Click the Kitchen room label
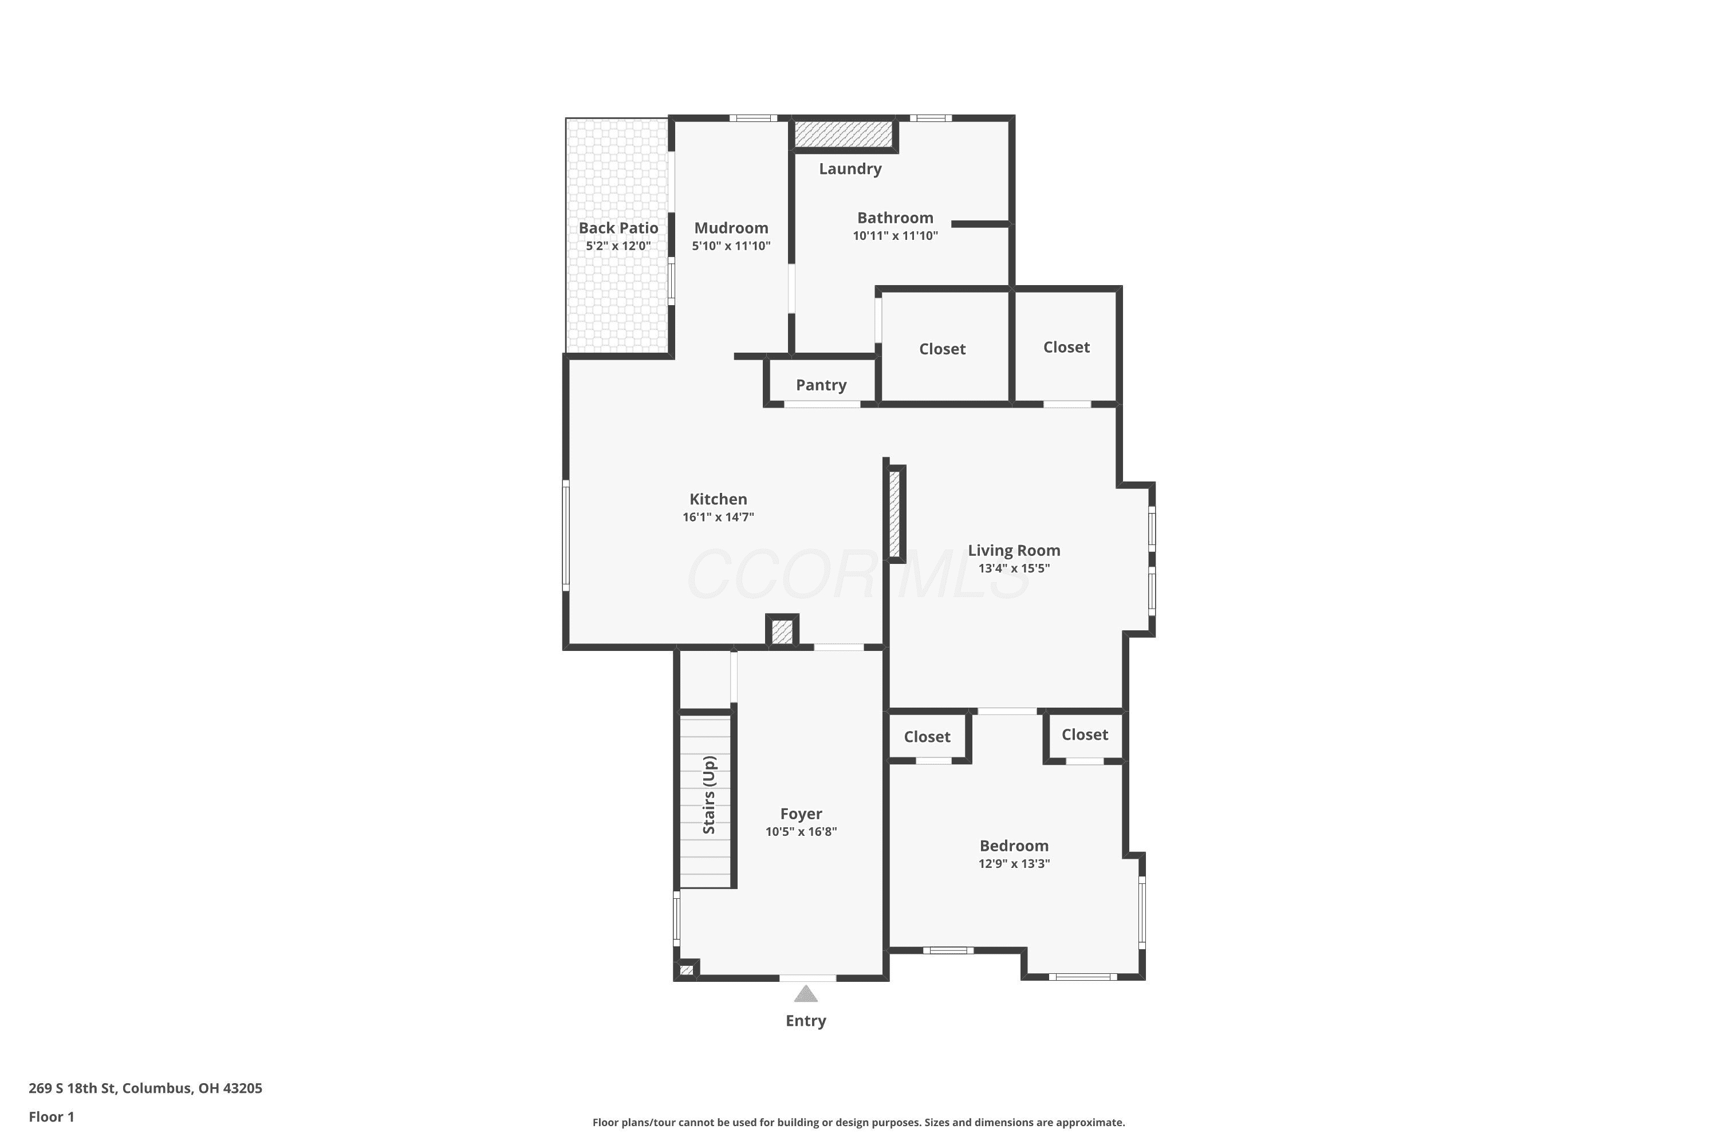click(x=718, y=499)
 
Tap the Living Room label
click(x=1014, y=551)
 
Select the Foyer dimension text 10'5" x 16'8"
click(x=801, y=831)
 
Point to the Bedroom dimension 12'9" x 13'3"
click(x=1014, y=863)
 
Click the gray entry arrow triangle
click(x=806, y=993)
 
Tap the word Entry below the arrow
click(x=806, y=1021)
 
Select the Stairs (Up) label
click(x=708, y=795)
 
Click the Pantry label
click(x=821, y=385)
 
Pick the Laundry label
click(x=850, y=169)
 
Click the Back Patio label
click(x=618, y=228)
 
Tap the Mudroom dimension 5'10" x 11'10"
click(x=731, y=246)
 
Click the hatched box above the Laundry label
click(x=844, y=133)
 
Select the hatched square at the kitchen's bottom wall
click(x=782, y=631)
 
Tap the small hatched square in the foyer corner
click(x=686, y=970)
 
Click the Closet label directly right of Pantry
click(x=942, y=349)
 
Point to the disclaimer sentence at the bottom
click(x=859, y=1122)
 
